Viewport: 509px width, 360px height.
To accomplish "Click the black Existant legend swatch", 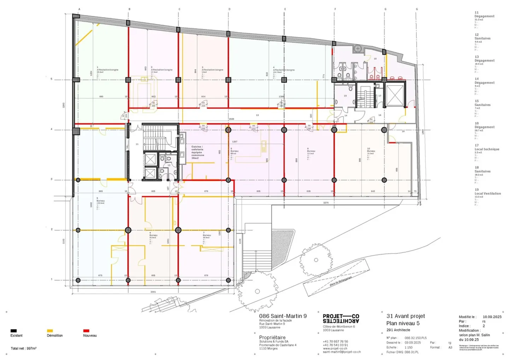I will point(13,331).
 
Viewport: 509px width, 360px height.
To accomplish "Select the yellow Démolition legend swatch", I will point(50,331).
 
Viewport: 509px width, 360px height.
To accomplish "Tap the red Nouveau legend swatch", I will point(86,331).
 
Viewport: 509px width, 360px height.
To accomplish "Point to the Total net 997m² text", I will point(23,348).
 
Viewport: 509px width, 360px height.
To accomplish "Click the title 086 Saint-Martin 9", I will point(283,316).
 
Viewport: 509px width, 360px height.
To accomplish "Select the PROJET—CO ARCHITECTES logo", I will point(341,318).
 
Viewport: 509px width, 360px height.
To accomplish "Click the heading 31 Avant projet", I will point(405,316).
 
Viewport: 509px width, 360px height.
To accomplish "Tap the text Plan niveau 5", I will point(403,323).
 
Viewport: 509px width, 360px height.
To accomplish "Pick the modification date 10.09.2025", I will point(492,317).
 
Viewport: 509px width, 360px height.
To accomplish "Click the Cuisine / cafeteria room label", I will point(198,152).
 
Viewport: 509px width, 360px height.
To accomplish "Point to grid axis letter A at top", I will point(79,9).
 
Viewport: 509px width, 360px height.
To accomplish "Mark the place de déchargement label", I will point(340,281).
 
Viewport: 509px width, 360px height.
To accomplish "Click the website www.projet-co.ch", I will point(335,348).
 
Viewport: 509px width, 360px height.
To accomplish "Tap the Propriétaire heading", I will point(272,337).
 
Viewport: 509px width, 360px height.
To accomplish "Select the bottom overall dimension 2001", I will point(153,292).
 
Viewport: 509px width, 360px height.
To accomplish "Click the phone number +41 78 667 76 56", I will point(335,342).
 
